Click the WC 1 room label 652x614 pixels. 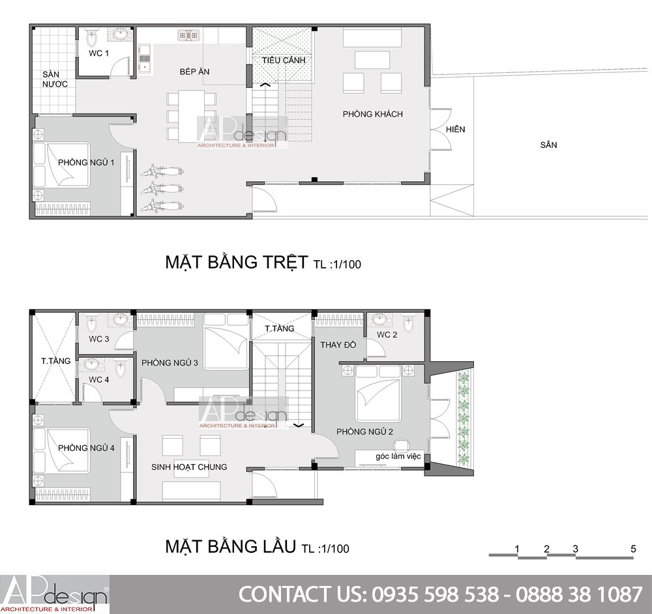[x=98, y=53]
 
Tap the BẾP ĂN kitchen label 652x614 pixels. [x=194, y=72]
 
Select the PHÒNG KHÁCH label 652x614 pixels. [x=372, y=114]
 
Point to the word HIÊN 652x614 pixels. [x=455, y=129]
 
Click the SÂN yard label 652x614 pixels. [x=548, y=145]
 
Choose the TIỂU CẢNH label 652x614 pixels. [x=284, y=60]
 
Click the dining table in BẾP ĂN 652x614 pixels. [x=192, y=115]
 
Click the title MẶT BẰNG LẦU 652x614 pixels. [x=230, y=546]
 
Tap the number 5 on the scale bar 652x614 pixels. [x=633, y=549]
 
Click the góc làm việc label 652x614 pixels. [x=398, y=456]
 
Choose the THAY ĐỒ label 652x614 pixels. [x=338, y=345]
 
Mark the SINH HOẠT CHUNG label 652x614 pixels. [x=189, y=467]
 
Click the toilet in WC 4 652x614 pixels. [x=121, y=368]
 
